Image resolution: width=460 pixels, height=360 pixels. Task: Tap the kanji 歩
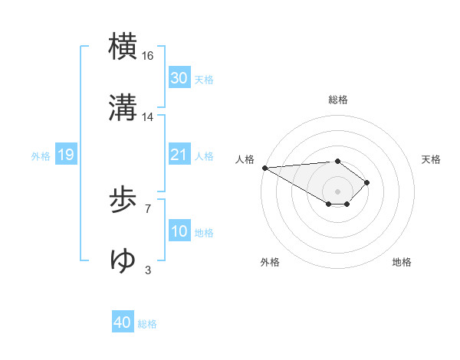click(x=123, y=201)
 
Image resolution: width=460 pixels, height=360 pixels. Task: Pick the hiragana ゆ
click(x=123, y=261)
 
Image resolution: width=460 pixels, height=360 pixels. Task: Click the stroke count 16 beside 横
click(x=149, y=56)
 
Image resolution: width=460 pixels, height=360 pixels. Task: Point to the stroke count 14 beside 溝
click(x=149, y=116)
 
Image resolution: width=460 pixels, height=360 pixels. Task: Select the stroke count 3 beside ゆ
click(x=148, y=270)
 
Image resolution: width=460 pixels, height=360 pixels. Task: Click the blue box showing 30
click(x=179, y=78)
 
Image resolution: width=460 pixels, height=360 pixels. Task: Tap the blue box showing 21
click(x=179, y=155)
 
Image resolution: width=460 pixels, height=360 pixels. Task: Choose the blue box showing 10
click(x=179, y=232)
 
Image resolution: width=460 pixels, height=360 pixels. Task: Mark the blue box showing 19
click(x=65, y=155)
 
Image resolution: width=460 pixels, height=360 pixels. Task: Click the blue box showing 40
click(x=123, y=323)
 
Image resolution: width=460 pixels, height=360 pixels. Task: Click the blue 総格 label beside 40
click(x=147, y=324)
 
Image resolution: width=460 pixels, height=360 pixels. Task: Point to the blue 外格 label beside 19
click(x=41, y=156)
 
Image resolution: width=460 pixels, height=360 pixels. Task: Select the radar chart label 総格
click(x=338, y=100)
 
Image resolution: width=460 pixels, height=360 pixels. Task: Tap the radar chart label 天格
click(x=432, y=159)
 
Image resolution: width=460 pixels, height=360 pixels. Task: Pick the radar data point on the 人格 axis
click(x=264, y=168)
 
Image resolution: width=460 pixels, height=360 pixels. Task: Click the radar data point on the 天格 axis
click(x=367, y=182)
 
